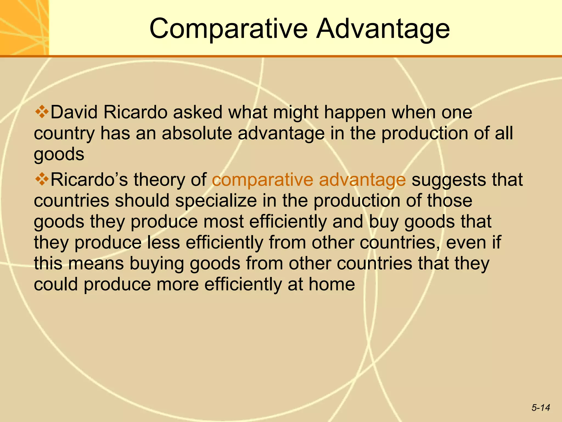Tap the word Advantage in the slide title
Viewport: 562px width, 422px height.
[383, 29]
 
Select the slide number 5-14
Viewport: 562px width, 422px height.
[541, 407]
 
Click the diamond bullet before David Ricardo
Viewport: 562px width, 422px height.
[42, 112]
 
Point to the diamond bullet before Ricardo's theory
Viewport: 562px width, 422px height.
[42, 179]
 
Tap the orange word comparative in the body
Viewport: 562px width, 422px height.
[262, 180]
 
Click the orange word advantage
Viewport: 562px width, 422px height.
[362, 180]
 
